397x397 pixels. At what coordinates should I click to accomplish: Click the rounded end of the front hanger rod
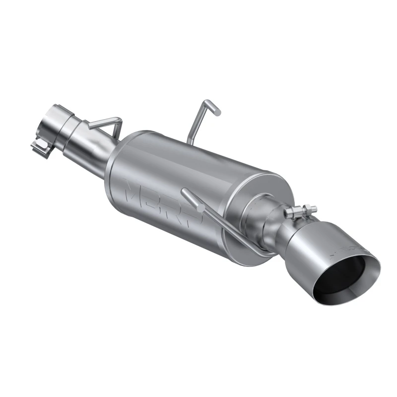[185, 192]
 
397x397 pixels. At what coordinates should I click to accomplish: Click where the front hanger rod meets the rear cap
[258, 251]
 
